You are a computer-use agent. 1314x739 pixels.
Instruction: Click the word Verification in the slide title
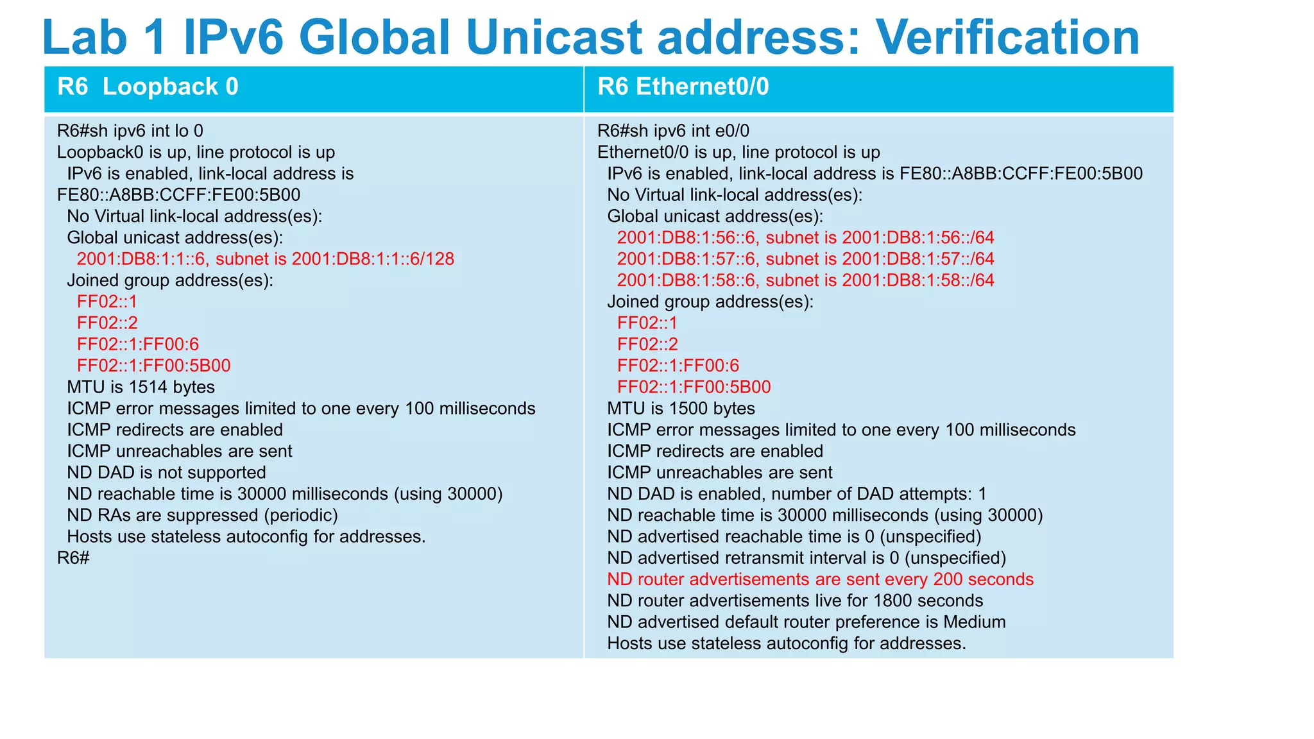1007,37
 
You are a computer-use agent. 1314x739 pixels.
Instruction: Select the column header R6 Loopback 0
148,87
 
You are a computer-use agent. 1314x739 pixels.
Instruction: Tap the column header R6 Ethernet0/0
683,87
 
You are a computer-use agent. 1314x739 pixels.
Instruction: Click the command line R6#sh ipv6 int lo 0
130,131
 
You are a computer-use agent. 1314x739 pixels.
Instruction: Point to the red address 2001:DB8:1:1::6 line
265,259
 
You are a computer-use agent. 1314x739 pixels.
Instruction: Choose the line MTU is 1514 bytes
141,387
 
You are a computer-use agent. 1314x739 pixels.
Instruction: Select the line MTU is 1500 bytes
681,409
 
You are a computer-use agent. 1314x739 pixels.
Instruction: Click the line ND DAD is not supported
166,473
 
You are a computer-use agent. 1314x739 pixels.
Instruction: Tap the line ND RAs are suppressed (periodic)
202,516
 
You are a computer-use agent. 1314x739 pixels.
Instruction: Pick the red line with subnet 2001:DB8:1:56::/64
805,238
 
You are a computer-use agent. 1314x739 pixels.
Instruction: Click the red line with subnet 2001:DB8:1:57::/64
805,259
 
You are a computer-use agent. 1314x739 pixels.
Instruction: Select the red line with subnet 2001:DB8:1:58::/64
805,280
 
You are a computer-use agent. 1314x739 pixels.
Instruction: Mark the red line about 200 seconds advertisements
820,580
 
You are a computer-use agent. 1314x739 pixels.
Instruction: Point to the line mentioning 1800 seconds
795,601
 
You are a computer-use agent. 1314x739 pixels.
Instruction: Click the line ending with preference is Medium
806,622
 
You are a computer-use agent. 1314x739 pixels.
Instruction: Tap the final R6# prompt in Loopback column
73,558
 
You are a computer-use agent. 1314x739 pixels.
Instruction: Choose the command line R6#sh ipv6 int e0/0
673,131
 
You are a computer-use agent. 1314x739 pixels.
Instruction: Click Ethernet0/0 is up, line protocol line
738,153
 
